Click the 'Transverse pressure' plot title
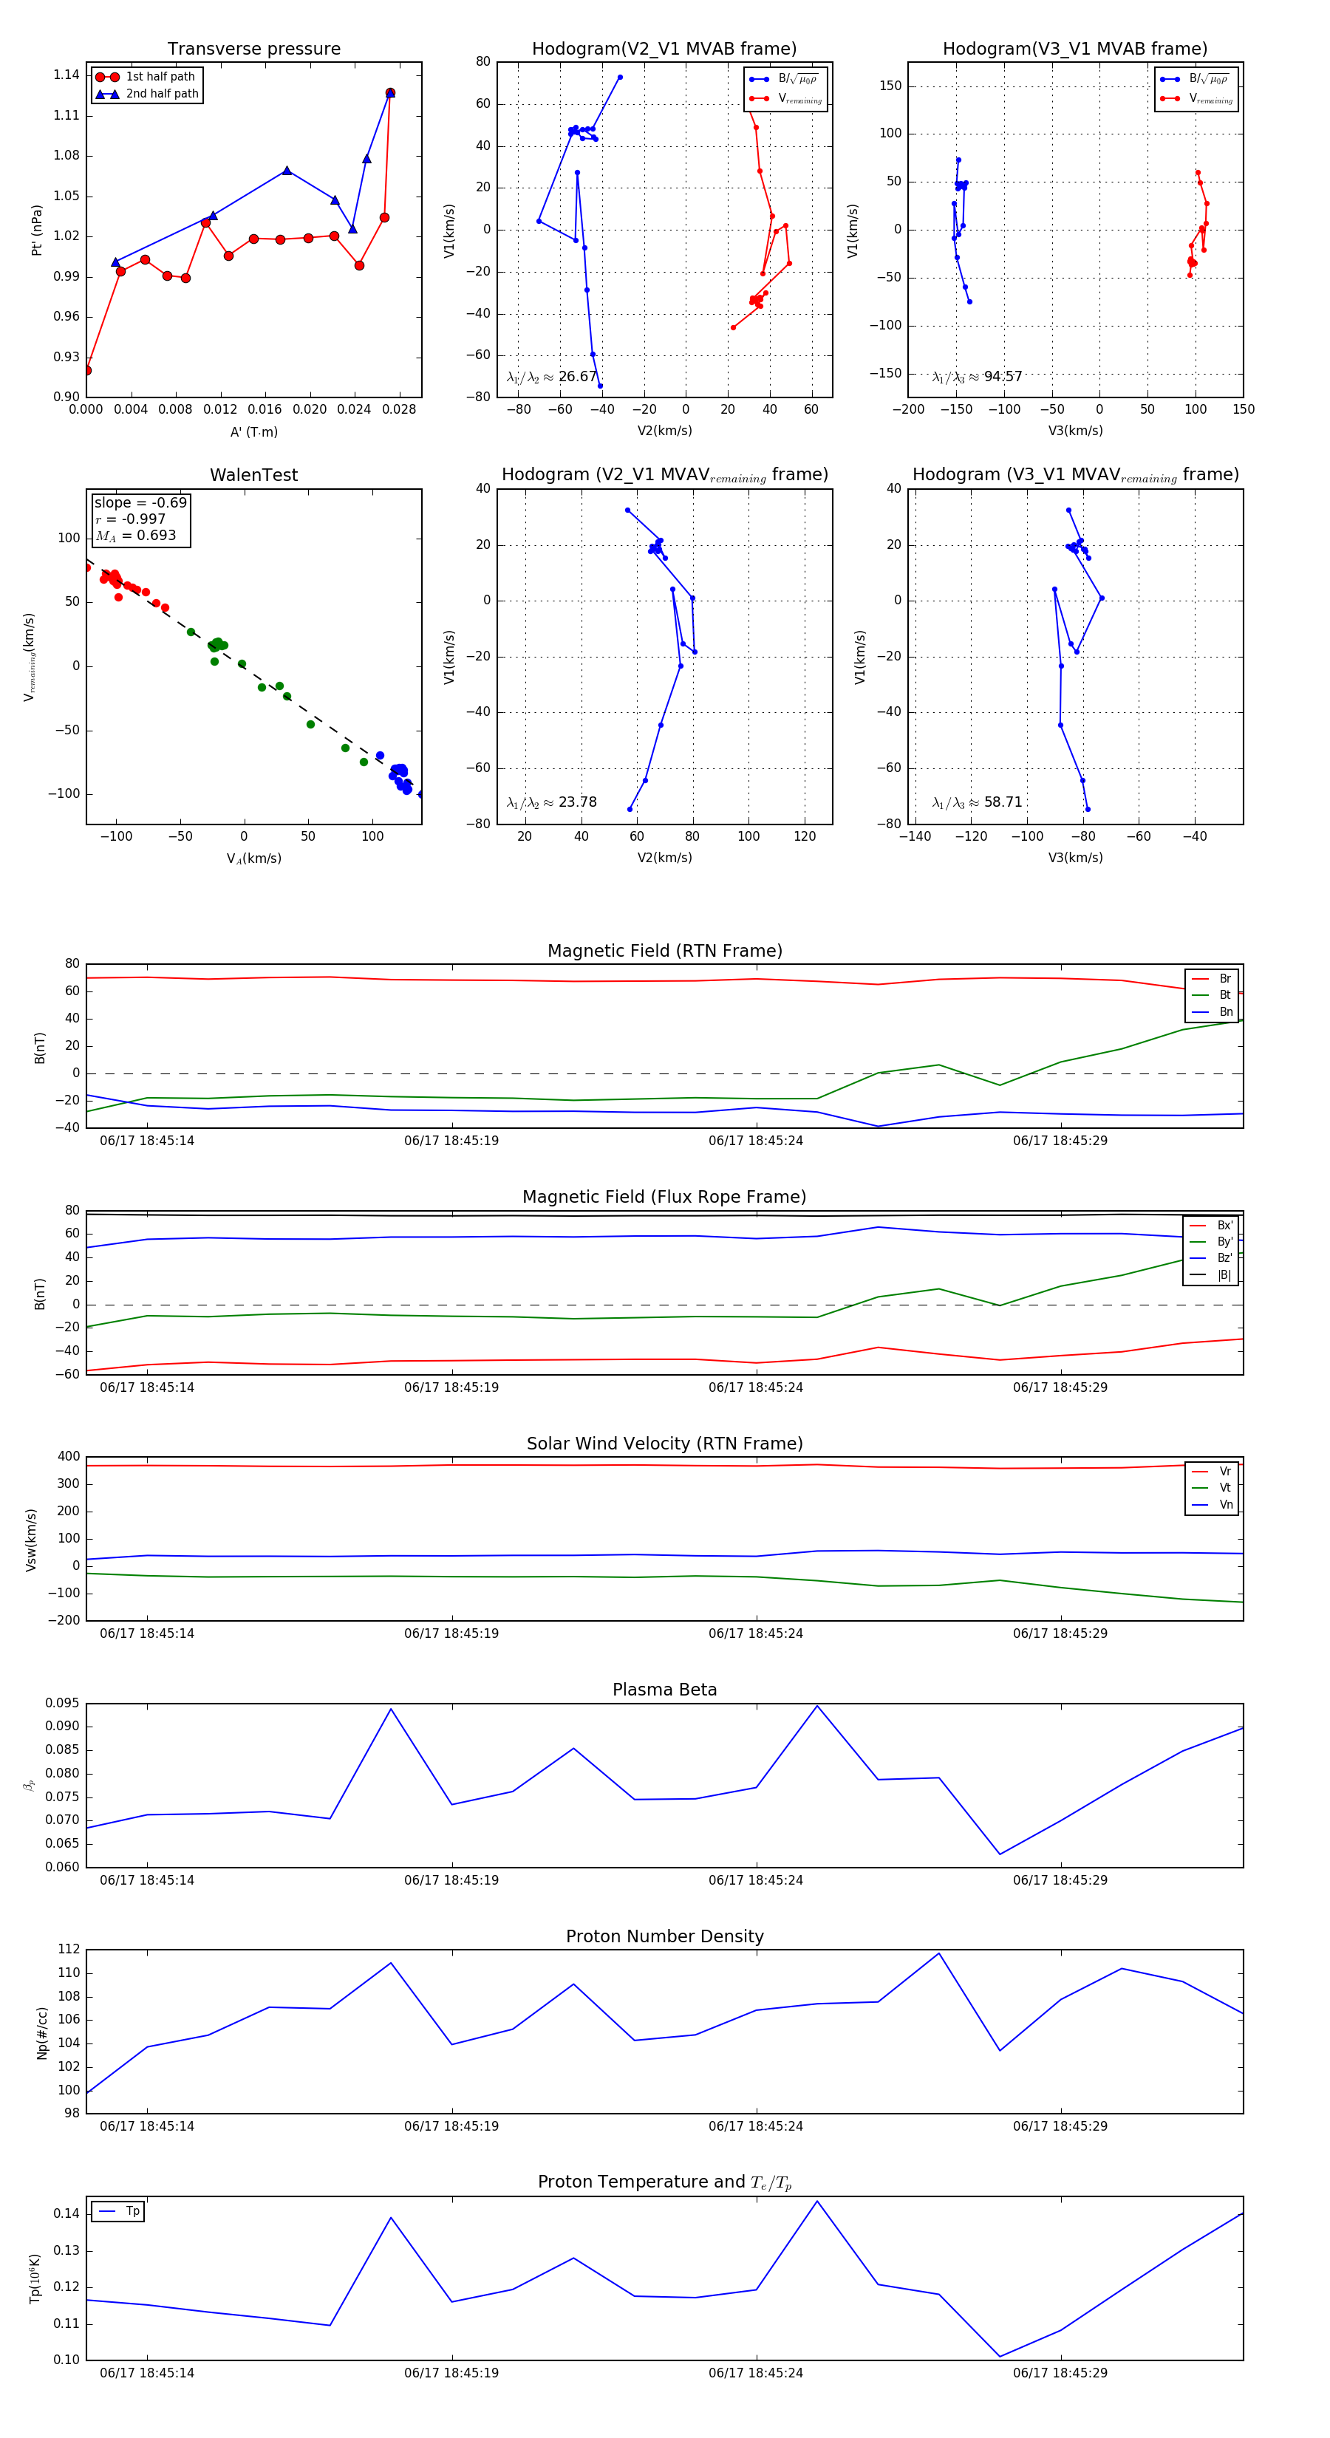click(253, 49)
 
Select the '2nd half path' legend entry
click(162, 94)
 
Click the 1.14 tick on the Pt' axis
click(66, 75)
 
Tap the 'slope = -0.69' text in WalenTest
click(140, 502)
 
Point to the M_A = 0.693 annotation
click(135, 536)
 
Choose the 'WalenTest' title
click(253, 475)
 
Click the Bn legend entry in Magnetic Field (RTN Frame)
click(1226, 1011)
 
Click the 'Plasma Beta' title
click(664, 1690)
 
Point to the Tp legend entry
click(132, 2211)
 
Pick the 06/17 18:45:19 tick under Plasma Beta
click(451, 1879)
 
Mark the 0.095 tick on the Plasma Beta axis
click(63, 1703)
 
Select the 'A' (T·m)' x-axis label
click(253, 431)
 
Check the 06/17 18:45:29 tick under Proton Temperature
click(1060, 2373)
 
